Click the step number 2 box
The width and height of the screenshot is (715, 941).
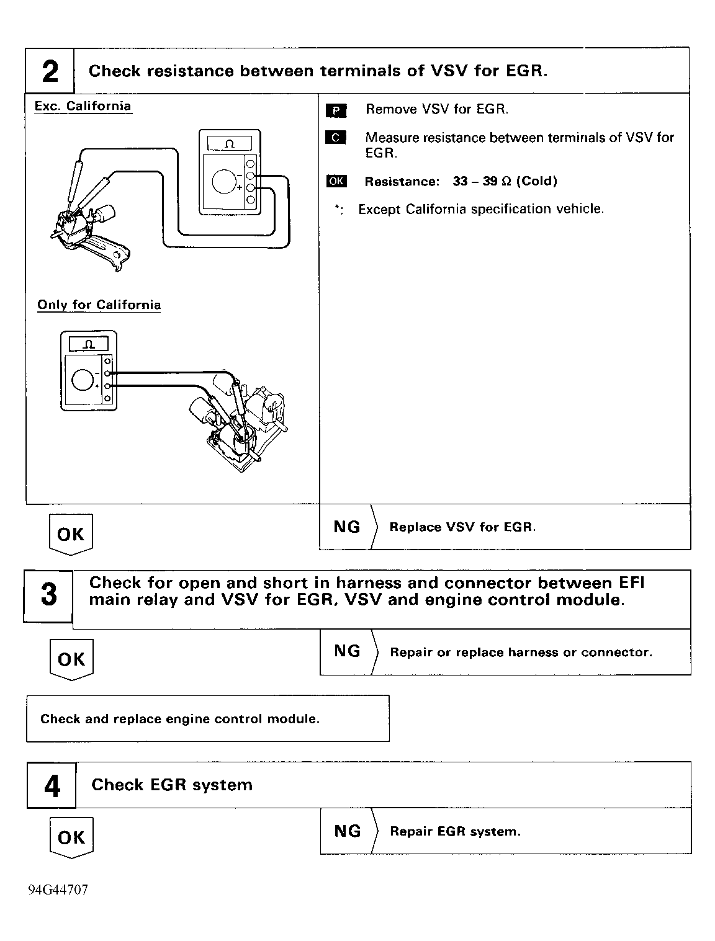[50, 71]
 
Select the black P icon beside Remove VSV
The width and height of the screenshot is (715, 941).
[336, 110]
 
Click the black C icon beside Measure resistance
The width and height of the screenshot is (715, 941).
[335, 137]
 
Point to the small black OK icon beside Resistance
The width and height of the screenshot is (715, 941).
[336, 181]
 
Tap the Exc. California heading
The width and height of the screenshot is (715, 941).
[83, 106]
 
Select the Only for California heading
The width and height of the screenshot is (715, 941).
[99, 305]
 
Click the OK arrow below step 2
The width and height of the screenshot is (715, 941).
[71, 534]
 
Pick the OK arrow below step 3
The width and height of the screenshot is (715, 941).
[71, 659]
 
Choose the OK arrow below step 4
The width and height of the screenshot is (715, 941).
[71, 837]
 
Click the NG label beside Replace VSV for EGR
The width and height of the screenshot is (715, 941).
[346, 527]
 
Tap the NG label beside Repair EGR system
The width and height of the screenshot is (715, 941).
[348, 831]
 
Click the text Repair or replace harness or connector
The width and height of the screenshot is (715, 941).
[521, 652]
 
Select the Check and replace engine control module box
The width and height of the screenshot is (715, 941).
[208, 718]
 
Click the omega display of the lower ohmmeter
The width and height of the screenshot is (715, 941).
[89, 344]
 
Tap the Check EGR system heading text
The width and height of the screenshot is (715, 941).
[172, 785]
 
